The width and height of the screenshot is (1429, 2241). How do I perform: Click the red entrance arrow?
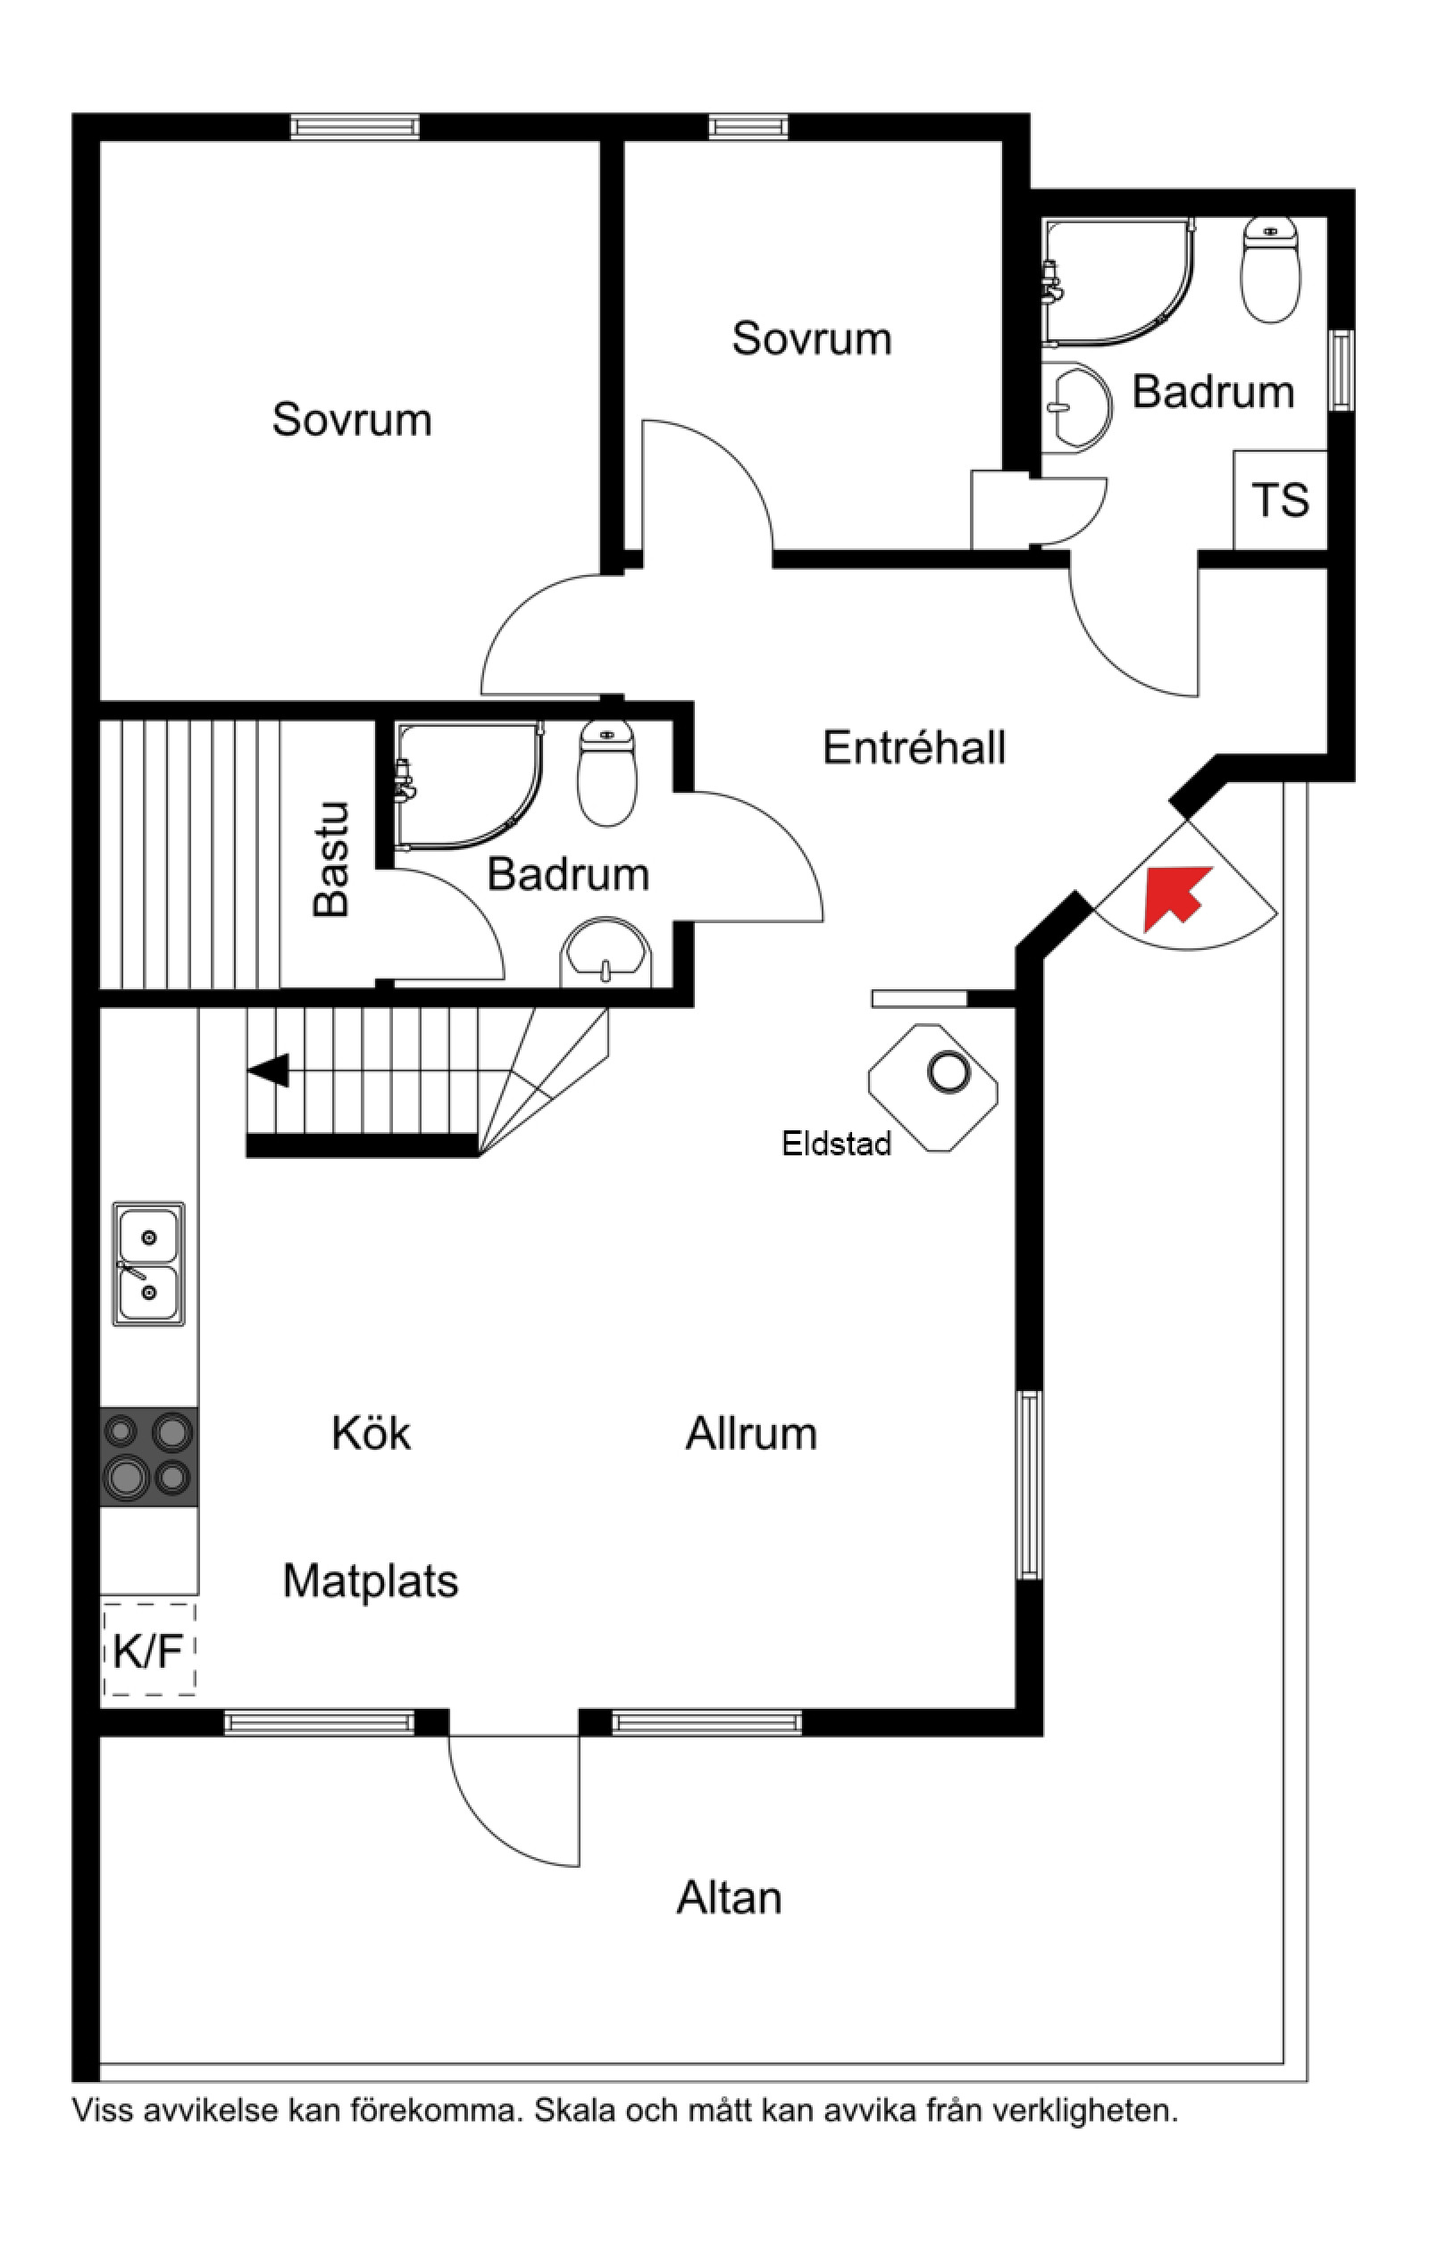point(1174,897)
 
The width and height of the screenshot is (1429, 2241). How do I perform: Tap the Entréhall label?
point(915,748)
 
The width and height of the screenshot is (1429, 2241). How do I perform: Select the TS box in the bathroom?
point(1280,500)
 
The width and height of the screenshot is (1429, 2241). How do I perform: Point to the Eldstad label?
point(836,1144)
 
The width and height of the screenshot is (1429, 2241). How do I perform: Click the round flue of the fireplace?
point(948,1072)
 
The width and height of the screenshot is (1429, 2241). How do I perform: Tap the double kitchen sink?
point(149,1264)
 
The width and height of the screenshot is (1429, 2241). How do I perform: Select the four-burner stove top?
point(149,1456)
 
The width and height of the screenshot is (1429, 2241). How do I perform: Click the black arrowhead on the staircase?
point(268,1071)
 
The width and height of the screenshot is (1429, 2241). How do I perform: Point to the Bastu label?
point(331,859)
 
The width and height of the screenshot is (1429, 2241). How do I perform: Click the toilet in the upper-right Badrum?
point(1271,270)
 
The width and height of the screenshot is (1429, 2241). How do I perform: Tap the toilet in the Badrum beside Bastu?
point(607,773)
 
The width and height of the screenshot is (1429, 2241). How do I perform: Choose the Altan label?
point(729,1897)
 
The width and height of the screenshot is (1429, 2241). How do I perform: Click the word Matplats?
point(371,1581)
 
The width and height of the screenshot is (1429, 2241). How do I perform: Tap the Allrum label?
point(751,1434)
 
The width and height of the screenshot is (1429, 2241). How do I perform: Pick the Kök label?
point(371,1433)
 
